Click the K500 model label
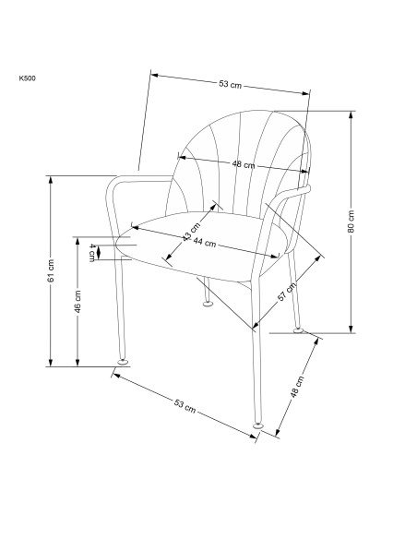[x=27, y=78]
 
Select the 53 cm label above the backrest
[x=230, y=84]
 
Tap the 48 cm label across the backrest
[x=244, y=164]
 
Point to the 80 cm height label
[x=351, y=222]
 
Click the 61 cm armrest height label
[x=51, y=270]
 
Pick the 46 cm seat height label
[x=78, y=302]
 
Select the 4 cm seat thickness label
[x=92, y=252]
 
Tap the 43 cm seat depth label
[x=191, y=232]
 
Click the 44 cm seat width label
[x=205, y=243]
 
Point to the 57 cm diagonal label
[x=287, y=292]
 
